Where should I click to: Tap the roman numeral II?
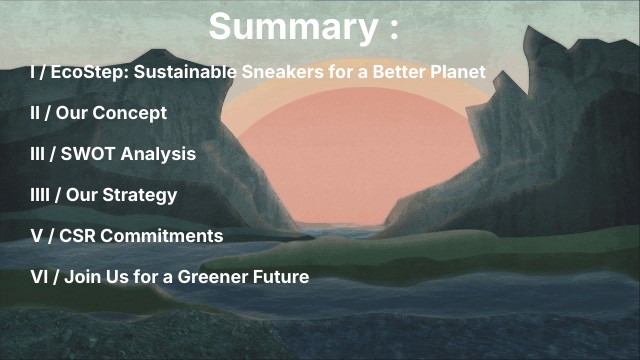coord(35,113)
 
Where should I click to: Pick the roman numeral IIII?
coord(41,195)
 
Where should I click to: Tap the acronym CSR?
coord(77,236)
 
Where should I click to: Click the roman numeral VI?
coord(37,276)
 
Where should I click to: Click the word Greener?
coord(219,276)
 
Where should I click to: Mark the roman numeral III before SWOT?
coord(38,154)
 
